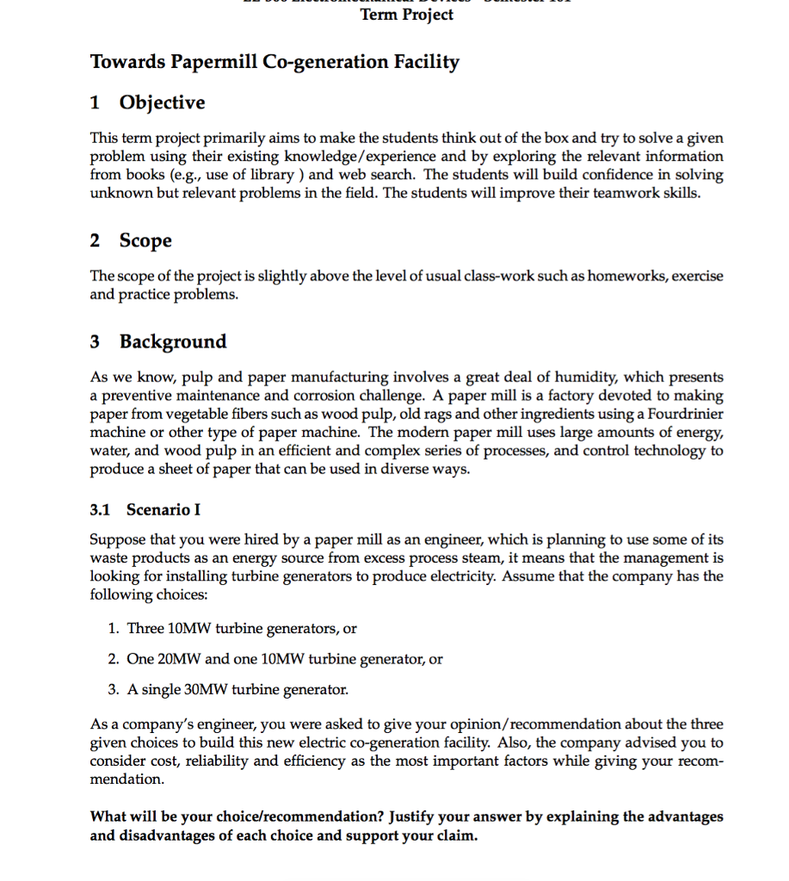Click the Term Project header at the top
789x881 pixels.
tap(407, 15)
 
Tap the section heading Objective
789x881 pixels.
tap(162, 103)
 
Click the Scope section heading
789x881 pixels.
tap(145, 241)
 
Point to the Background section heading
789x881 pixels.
tap(172, 342)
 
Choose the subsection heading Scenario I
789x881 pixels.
tap(163, 510)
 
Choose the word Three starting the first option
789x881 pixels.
tap(145, 628)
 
